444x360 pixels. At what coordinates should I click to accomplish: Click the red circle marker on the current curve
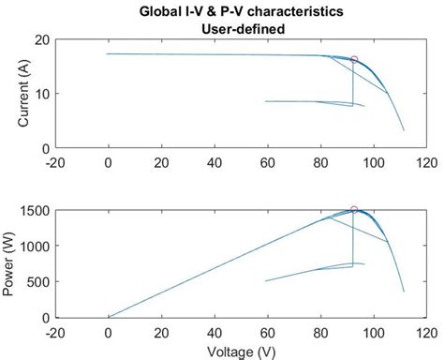354,60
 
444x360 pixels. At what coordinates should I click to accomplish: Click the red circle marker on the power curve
354,210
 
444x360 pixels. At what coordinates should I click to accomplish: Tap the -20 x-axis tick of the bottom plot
55,330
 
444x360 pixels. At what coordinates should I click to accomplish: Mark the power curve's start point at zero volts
109,317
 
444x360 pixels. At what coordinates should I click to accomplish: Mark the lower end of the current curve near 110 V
404,129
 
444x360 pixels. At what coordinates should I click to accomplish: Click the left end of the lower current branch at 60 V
267,101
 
